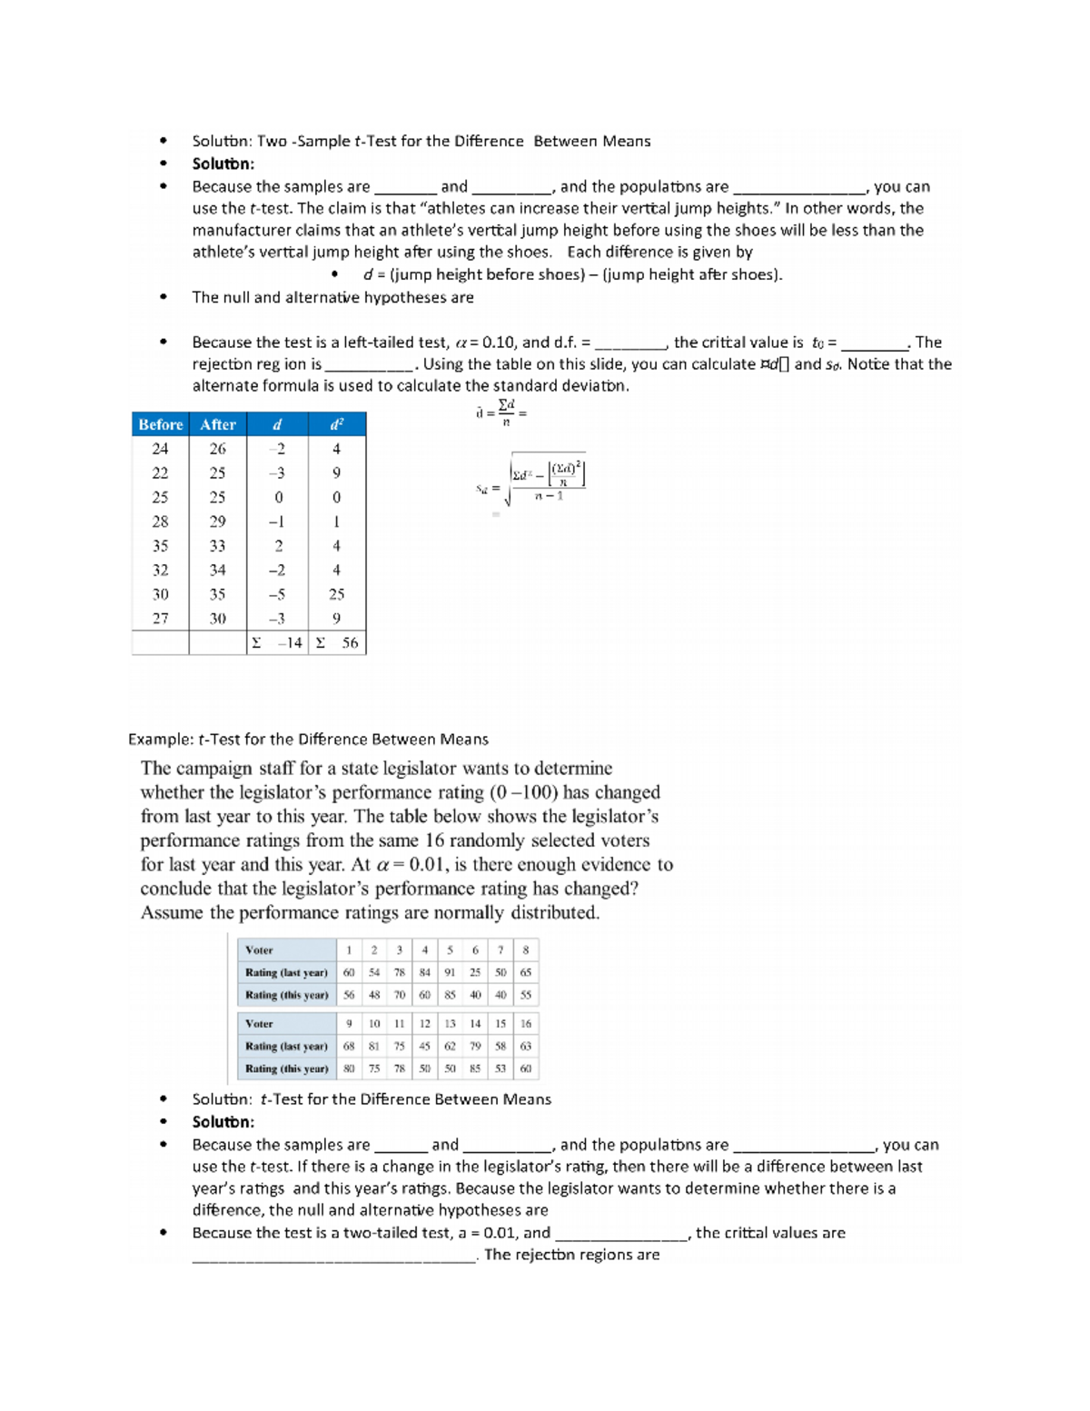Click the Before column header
pos(160,424)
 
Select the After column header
pos(217,424)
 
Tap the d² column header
pos(336,424)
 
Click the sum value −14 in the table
pos(289,643)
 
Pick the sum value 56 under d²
pos(349,643)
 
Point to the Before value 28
pos(160,522)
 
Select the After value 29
pos(217,522)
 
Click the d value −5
pos(278,594)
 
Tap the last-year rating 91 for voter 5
pos(450,972)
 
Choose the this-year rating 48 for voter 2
pos(374,995)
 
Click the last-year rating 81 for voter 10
pos(374,1046)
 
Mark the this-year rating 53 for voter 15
pos(500,1068)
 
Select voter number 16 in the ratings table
pos(525,1023)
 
